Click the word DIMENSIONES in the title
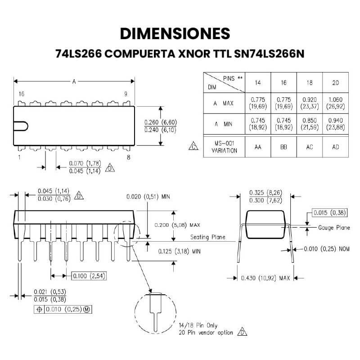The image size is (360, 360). click(x=175, y=33)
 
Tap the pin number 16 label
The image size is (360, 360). click(x=21, y=94)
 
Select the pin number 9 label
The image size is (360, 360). click(x=126, y=94)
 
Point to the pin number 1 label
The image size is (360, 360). click(x=20, y=157)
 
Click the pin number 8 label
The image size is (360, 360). click(x=128, y=157)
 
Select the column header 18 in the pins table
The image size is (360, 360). click(x=310, y=83)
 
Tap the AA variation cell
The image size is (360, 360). click(x=258, y=147)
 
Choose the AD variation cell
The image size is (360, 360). click(x=335, y=147)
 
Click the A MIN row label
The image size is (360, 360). click(x=224, y=124)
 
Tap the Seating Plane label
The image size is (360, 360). click(x=207, y=237)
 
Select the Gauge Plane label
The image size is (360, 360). click(x=334, y=228)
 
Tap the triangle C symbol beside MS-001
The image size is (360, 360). click(x=193, y=147)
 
